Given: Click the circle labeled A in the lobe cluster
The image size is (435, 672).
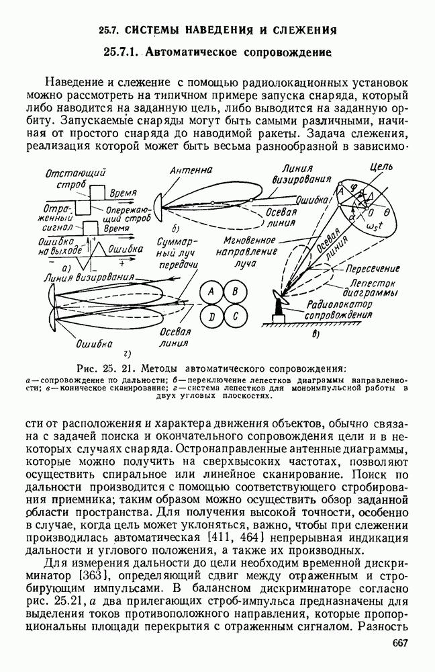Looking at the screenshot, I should (x=211, y=292).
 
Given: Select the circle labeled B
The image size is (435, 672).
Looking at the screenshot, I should (x=235, y=292).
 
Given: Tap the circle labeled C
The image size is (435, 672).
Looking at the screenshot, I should (x=235, y=316).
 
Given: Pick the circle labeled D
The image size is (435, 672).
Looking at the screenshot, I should (x=211, y=316).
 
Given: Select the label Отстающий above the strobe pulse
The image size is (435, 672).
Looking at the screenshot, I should (x=68, y=173).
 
